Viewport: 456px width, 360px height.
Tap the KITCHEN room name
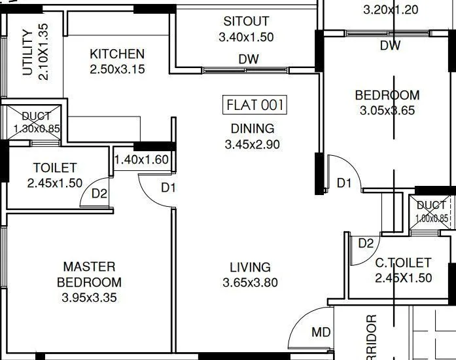point(117,54)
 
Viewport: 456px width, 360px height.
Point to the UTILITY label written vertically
point(27,53)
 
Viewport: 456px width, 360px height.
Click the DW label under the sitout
point(249,59)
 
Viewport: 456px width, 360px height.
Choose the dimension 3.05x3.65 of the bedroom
point(387,111)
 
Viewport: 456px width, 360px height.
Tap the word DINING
point(252,128)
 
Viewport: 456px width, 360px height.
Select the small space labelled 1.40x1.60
point(141,159)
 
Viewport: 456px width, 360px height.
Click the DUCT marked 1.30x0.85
point(36,122)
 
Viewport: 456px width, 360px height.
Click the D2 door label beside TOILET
point(99,193)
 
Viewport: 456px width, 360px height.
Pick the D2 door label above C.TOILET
point(366,243)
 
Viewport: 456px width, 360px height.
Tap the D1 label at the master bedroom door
point(169,189)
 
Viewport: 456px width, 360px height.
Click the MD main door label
point(321,333)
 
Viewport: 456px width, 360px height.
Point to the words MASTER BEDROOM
point(89,274)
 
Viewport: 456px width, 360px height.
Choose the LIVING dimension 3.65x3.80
point(250,283)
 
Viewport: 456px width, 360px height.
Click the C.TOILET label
point(403,263)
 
